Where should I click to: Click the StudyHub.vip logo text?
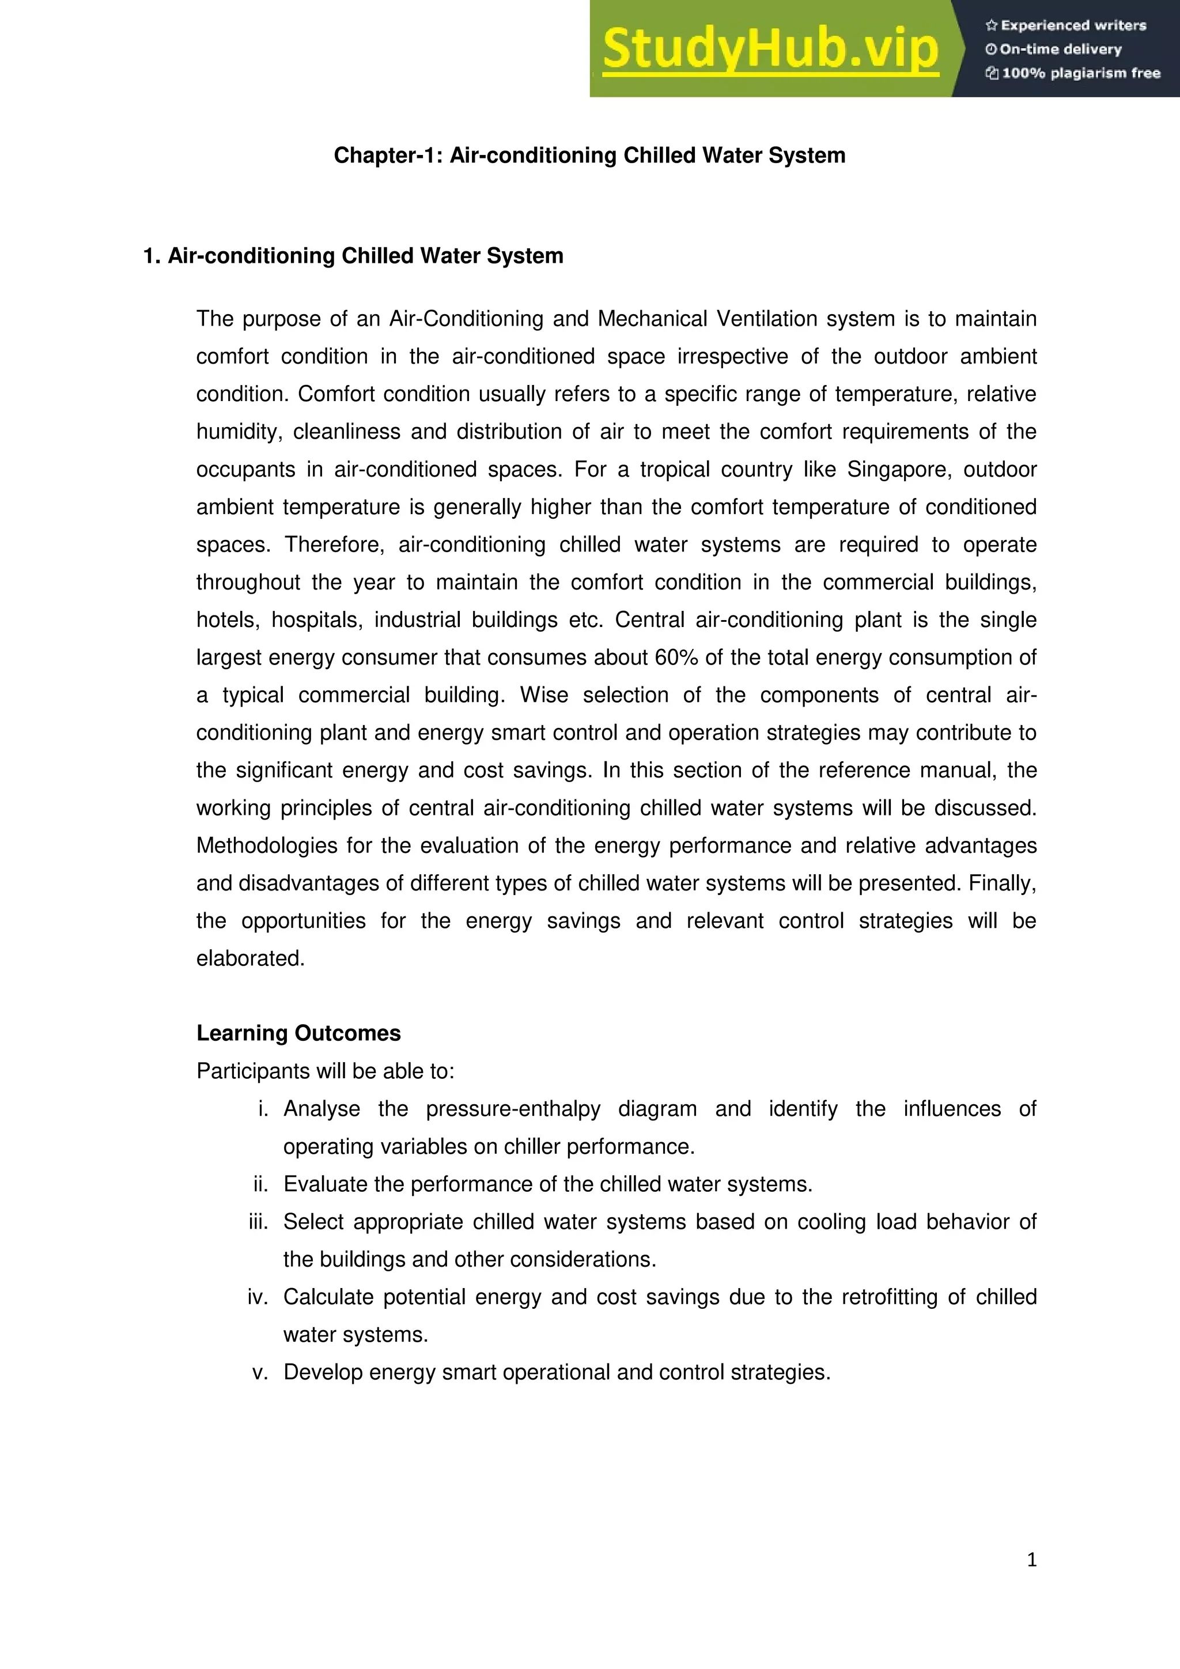[x=770, y=50]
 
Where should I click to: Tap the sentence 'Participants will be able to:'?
[x=326, y=1071]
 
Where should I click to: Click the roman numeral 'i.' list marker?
[x=263, y=1109]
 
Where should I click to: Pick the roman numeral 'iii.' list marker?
[x=258, y=1221]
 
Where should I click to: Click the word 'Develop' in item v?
[x=323, y=1372]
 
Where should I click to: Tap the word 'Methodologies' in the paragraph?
[x=267, y=845]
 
